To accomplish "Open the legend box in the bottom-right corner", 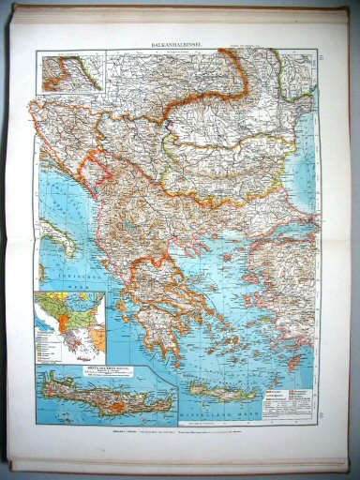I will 292,394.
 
